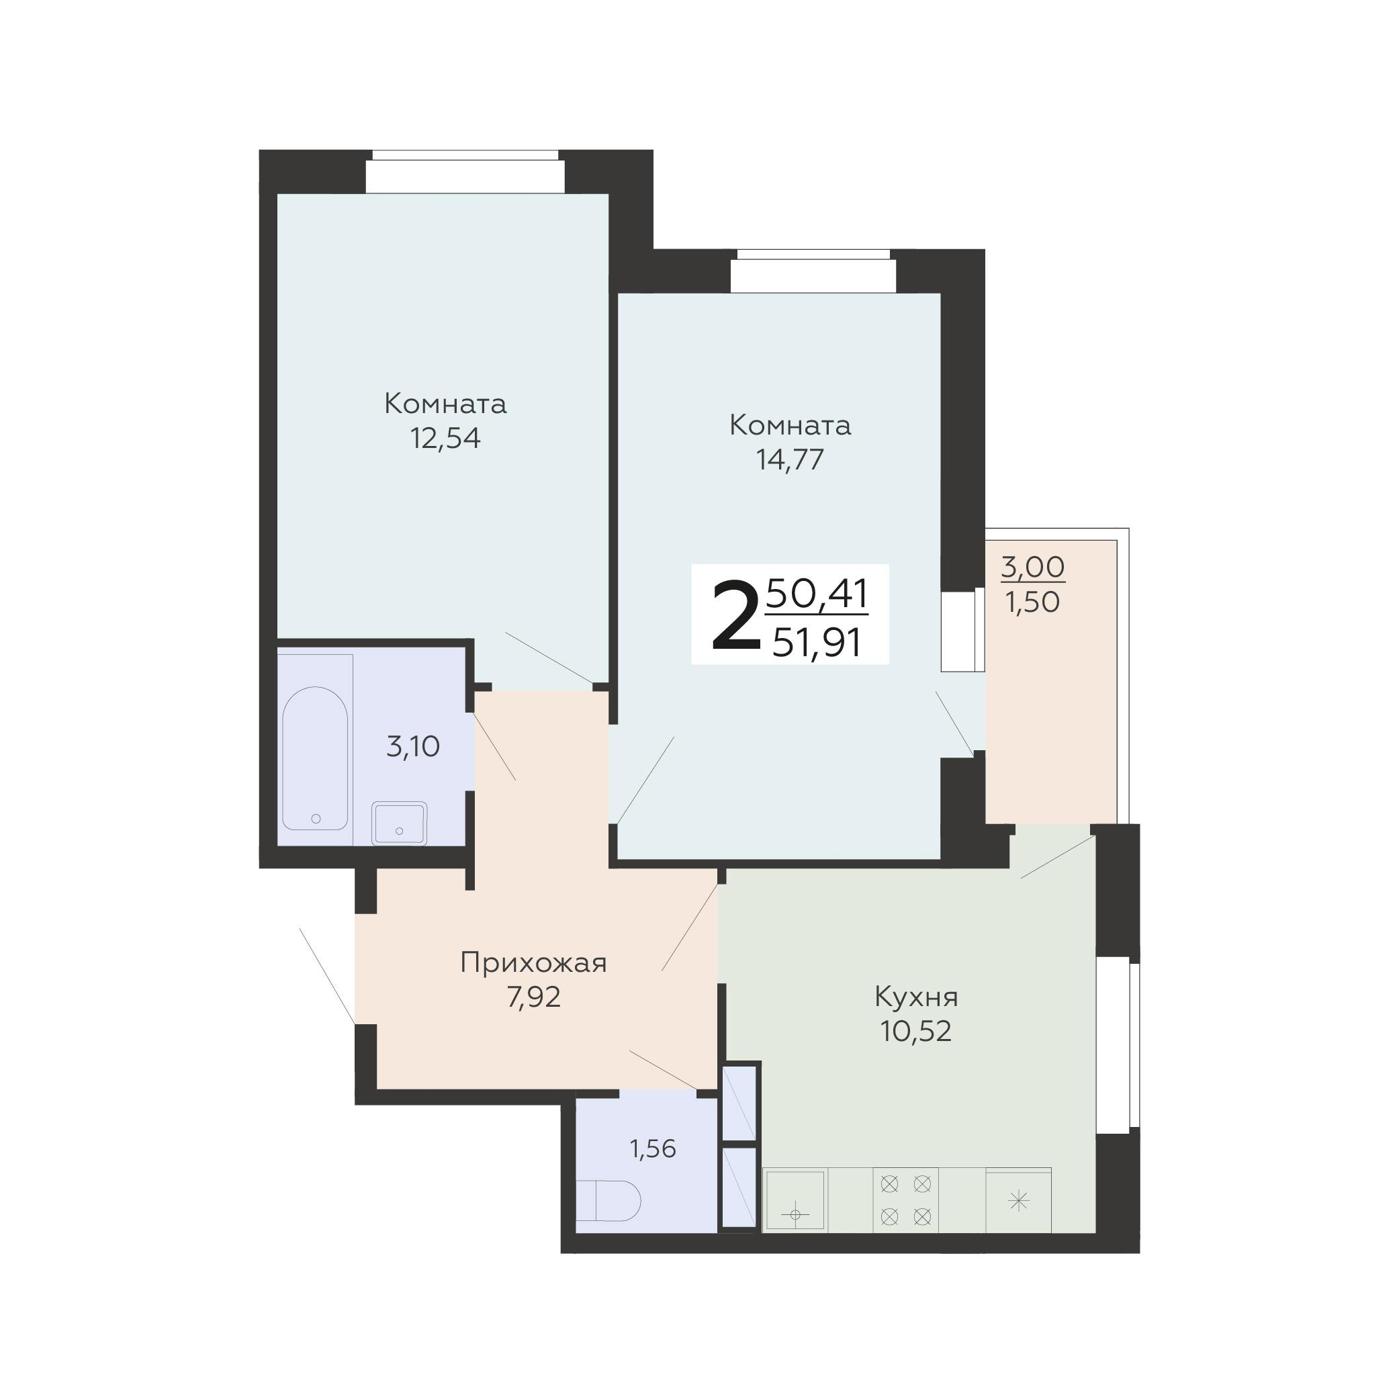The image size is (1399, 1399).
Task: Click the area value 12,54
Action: click(x=445, y=439)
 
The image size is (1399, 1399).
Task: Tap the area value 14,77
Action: click(x=790, y=460)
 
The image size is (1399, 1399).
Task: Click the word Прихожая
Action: click(x=534, y=963)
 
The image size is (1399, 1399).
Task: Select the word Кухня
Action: click(x=916, y=997)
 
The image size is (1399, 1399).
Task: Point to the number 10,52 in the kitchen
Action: click(x=916, y=1031)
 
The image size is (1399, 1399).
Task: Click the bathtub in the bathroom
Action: click(x=315, y=758)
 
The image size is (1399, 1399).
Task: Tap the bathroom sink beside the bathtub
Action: click(x=399, y=823)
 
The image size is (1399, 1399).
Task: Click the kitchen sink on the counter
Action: click(x=795, y=1200)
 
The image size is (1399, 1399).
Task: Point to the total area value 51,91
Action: click(x=817, y=642)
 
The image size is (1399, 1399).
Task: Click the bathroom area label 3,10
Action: click(x=413, y=747)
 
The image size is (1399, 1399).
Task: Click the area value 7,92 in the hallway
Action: click(x=534, y=998)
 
